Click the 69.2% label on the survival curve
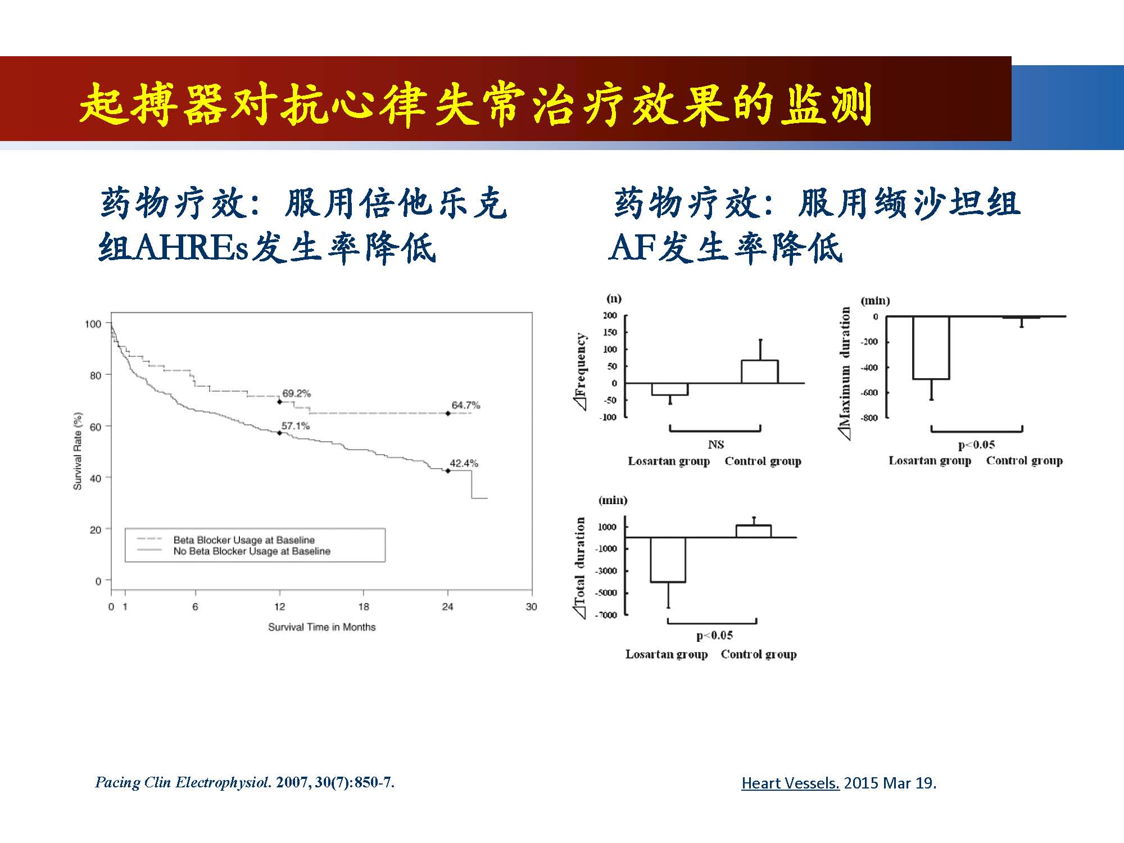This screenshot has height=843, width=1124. (296, 393)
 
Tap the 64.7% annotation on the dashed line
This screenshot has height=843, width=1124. (466, 405)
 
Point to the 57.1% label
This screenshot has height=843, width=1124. (296, 426)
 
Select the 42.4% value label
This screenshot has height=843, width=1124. (464, 463)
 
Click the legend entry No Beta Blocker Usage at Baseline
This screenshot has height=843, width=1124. (252, 551)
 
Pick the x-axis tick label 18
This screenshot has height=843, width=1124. (364, 607)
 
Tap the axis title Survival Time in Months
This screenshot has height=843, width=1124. (321, 627)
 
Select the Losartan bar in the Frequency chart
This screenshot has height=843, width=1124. (670, 389)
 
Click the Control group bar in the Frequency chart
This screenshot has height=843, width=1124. (760, 371)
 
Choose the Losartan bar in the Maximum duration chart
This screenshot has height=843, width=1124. (931, 348)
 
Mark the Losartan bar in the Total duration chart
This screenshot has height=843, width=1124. (668, 560)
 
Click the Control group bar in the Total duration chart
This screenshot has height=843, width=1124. (754, 531)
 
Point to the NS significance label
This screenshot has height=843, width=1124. (716, 445)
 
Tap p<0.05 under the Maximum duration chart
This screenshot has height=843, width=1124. (977, 445)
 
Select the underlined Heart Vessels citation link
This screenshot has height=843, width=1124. (790, 783)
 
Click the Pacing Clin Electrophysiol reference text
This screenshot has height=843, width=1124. (245, 782)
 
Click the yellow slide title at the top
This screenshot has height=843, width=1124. (475, 105)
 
